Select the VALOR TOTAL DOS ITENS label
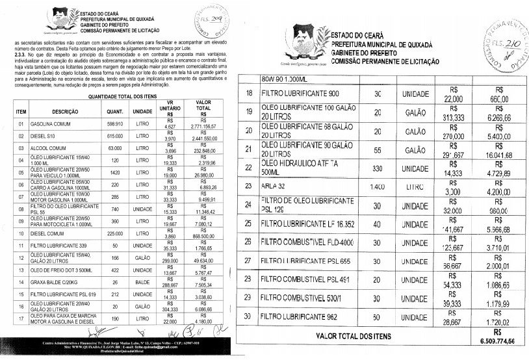pos(353,336)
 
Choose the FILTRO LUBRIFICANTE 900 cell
pos(302,94)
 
